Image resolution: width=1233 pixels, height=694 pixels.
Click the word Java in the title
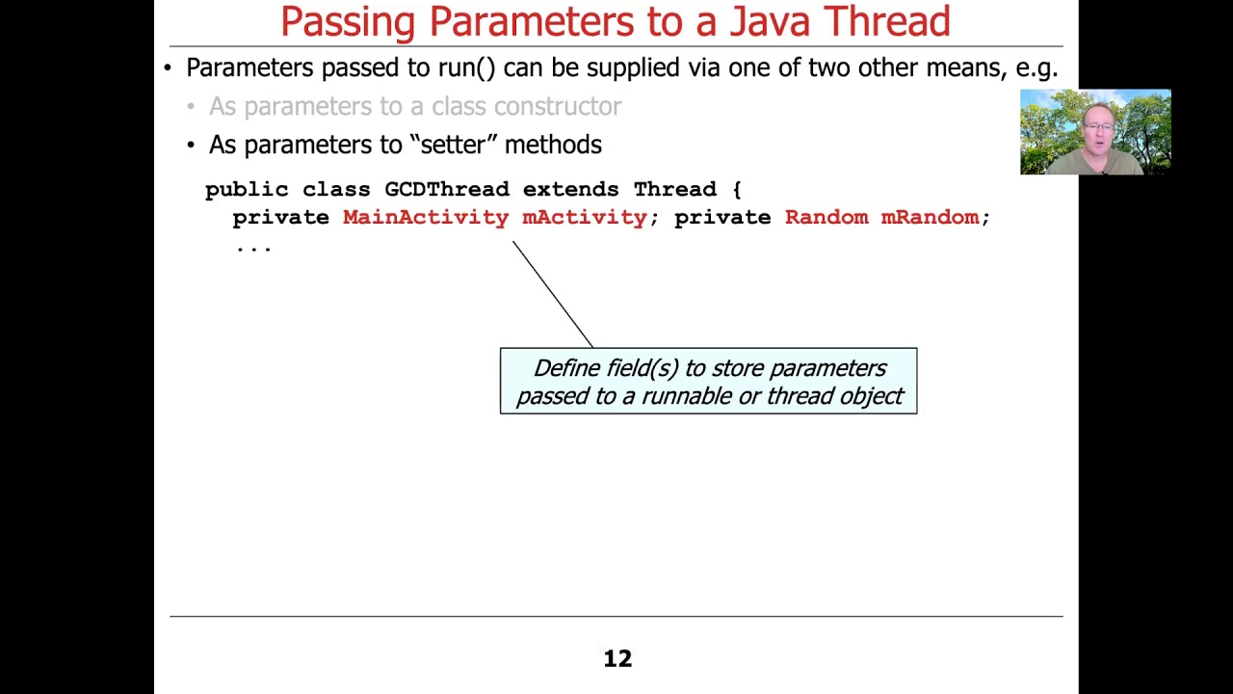pos(769,21)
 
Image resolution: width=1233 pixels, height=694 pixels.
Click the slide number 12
pos(617,658)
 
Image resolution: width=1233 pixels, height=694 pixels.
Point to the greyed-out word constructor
pos(558,106)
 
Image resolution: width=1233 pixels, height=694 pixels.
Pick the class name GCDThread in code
pos(446,189)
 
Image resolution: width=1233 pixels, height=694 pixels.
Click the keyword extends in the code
pos(570,189)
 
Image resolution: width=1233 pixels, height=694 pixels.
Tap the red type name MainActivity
pos(425,217)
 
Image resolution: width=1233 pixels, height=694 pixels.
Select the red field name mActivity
pos(584,217)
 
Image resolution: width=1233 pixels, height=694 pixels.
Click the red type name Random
pos(826,217)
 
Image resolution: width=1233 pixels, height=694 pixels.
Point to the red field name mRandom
pos(930,217)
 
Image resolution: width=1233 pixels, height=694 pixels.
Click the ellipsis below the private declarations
pos(253,247)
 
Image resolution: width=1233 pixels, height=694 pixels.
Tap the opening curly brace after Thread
pos(736,189)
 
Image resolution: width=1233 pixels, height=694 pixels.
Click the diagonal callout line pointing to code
pos(552,293)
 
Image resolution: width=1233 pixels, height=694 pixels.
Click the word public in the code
pos(246,189)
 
